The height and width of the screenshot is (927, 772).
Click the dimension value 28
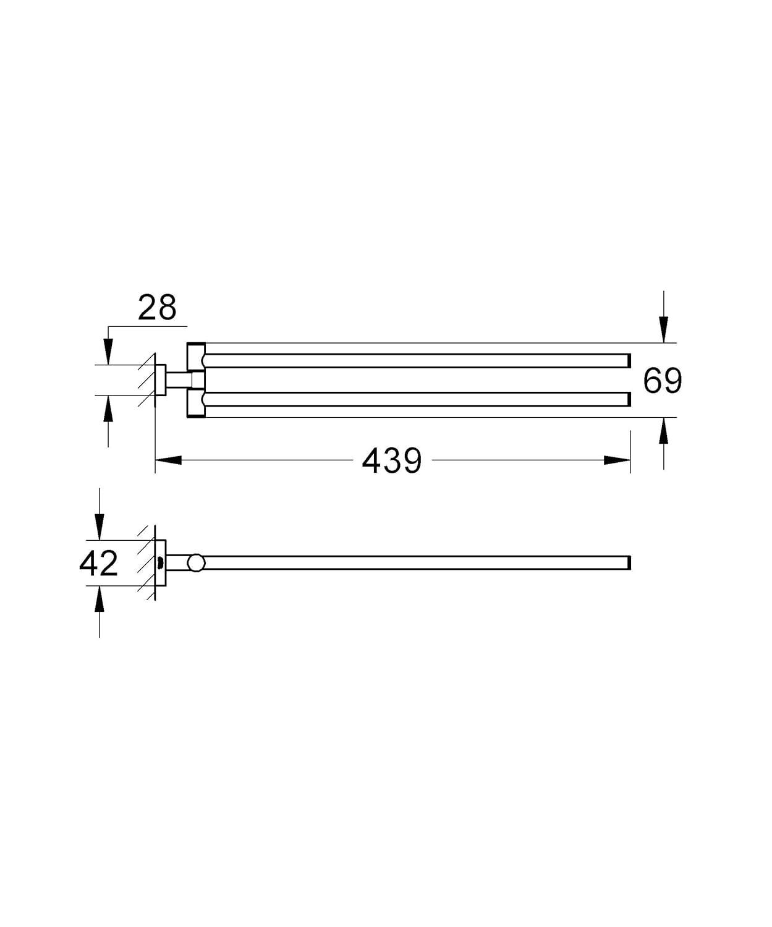point(157,307)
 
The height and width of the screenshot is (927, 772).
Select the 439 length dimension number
point(392,460)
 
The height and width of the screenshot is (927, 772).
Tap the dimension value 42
point(98,564)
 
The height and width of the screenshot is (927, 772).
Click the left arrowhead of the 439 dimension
point(168,460)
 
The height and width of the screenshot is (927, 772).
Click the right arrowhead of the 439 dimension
point(617,460)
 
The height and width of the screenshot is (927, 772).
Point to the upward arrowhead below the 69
point(663,431)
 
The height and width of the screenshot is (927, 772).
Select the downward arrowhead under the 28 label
point(108,353)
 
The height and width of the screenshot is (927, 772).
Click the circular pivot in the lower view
point(197,562)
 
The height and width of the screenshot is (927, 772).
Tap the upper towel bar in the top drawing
point(414,360)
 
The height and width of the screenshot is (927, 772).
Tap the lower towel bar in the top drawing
point(414,399)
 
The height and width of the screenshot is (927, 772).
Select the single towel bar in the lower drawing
point(414,562)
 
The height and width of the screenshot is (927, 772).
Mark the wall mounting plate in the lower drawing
point(160,563)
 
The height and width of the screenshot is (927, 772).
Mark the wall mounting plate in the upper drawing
point(160,380)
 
